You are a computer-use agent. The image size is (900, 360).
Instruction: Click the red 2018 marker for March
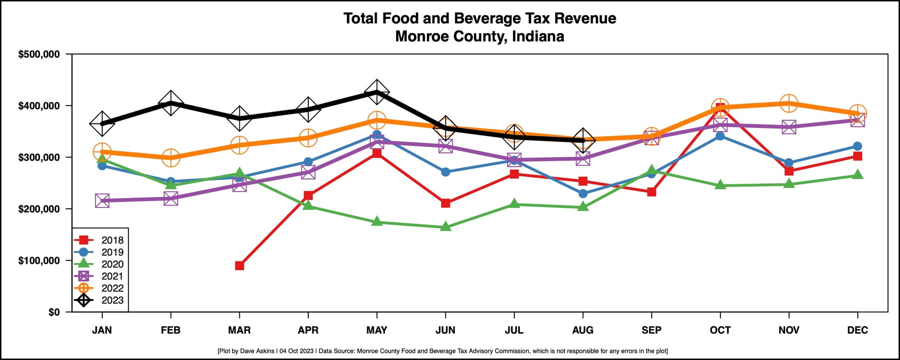click(239, 265)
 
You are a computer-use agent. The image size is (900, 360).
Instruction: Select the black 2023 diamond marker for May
click(377, 93)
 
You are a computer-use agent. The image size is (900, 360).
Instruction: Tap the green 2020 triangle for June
click(445, 227)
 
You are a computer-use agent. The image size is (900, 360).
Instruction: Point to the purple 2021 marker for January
click(102, 201)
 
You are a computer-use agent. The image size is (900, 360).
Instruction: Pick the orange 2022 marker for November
click(789, 103)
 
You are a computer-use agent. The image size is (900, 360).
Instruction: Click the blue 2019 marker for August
click(583, 193)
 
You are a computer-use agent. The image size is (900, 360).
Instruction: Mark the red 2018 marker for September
click(652, 192)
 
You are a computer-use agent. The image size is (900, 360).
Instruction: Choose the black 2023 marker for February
click(171, 103)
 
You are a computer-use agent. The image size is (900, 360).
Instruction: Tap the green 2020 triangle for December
click(858, 175)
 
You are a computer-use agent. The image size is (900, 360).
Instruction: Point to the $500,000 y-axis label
click(39, 54)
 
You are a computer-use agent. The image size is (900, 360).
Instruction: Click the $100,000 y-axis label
click(39, 261)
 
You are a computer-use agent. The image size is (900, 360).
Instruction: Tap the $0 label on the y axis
click(54, 312)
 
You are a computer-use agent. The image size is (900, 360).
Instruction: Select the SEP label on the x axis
click(652, 330)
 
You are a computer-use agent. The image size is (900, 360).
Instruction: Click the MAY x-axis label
click(377, 330)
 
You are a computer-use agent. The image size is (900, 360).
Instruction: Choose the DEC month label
click(858, 330)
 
